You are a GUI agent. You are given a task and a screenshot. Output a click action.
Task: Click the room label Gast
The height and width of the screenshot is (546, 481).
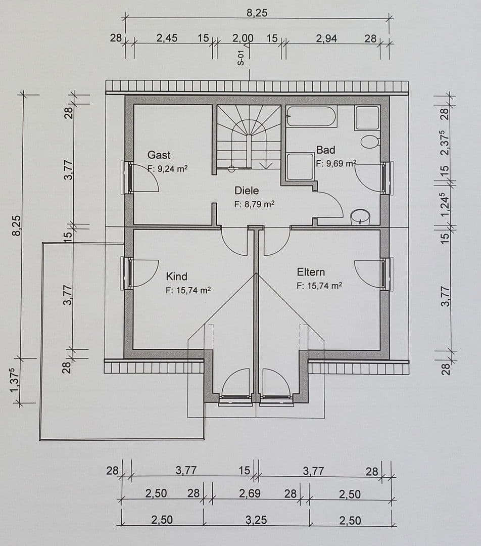159,155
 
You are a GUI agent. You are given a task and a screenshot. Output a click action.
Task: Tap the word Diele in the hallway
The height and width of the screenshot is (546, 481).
246,191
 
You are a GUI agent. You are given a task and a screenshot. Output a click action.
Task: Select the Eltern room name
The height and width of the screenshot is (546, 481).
311,272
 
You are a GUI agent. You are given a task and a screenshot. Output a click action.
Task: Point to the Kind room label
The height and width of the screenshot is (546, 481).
176,277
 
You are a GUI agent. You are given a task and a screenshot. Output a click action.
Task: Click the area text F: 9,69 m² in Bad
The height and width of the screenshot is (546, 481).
336,163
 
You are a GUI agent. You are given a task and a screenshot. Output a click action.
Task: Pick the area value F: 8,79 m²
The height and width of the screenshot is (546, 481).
254,205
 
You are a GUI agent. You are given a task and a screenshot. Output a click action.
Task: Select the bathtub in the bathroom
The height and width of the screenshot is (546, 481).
311,117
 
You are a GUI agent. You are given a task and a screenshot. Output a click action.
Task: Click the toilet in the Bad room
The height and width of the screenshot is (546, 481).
370,141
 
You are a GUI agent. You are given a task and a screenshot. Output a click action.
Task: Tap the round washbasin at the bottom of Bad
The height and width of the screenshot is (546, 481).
360,217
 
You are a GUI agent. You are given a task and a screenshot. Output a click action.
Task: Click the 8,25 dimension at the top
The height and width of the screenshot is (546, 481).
257,13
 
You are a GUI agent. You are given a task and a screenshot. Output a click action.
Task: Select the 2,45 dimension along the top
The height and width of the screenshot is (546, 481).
167,38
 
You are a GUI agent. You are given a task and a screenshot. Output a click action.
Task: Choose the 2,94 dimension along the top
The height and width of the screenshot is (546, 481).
326,38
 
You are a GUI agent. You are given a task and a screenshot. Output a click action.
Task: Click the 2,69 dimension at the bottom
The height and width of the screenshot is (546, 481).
250,494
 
